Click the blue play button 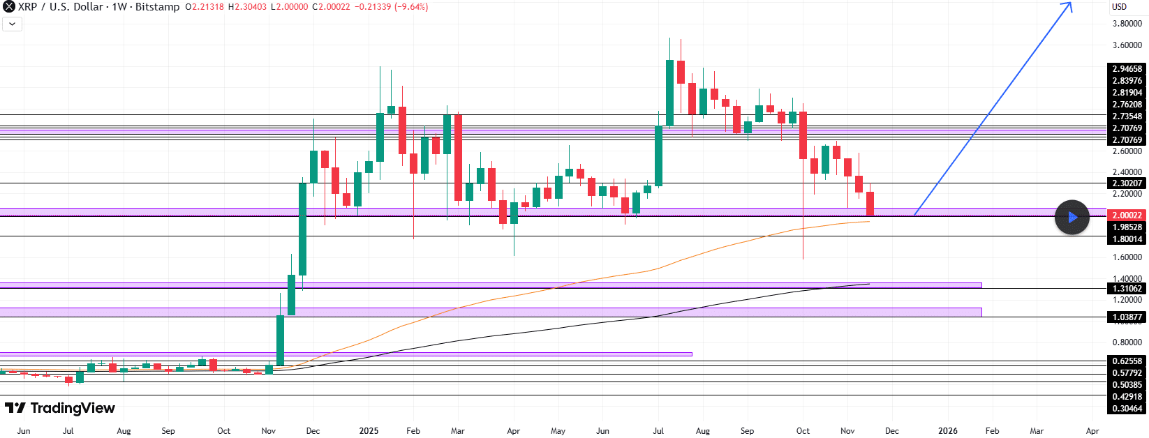1072,217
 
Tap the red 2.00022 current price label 1127,216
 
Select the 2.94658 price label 1127,69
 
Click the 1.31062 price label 1127,289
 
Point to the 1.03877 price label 1127,317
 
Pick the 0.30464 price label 1127,409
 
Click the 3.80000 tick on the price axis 1127,24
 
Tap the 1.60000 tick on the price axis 1127,257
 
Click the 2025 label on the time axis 369,431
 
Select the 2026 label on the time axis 947,431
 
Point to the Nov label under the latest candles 847,431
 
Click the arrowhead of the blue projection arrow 1070,4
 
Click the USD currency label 1119,7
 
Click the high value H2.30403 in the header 248,7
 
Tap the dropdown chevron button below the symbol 13,24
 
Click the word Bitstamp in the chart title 157,7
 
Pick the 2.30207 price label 1127,183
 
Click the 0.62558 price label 1127,361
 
